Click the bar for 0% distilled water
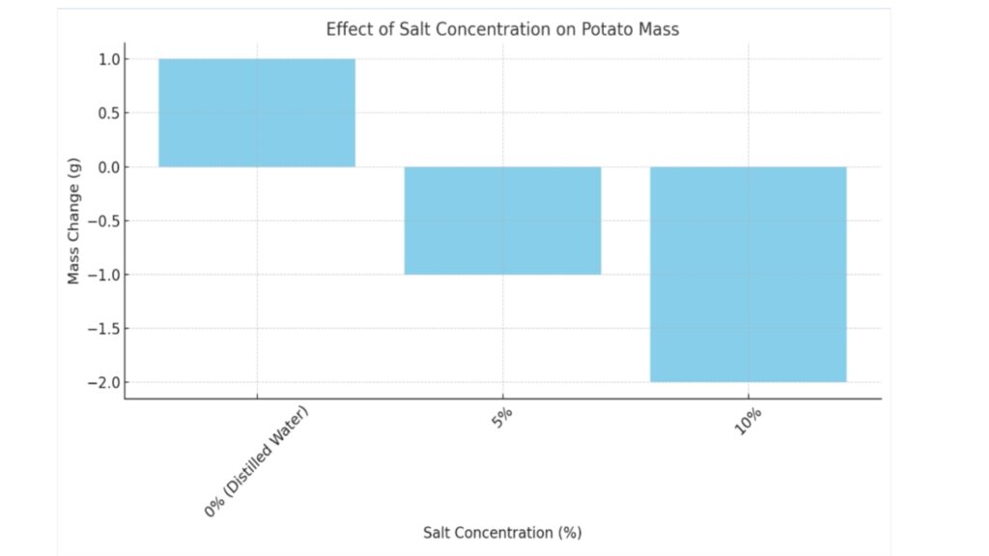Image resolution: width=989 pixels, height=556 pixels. [257, 112]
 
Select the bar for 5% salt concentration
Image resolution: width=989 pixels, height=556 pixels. [502, 220]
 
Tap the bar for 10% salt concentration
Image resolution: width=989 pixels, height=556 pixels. [748, 274]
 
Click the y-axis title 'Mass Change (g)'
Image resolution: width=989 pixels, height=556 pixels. [73, 221]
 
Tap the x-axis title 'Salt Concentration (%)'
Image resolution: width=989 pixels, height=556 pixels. [502, 532]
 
